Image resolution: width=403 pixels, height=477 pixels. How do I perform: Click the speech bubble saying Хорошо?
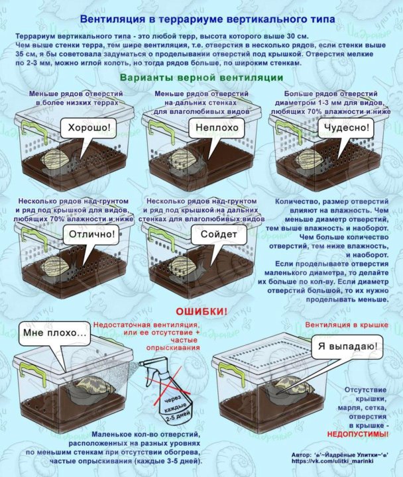click(89, 128)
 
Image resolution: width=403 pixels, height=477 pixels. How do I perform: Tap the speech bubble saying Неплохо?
click(217, 128)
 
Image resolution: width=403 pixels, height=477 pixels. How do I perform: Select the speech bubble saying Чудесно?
click(346, 128)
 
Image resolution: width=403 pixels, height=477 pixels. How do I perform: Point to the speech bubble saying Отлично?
click(92, 235)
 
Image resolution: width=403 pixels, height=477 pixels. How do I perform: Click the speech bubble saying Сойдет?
click(219, 235)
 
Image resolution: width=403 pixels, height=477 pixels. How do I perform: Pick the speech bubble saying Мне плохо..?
click(55, 333)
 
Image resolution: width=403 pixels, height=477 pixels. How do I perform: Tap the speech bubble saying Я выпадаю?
click(347, 346)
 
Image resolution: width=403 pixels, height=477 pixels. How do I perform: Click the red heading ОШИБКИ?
click(201, 311)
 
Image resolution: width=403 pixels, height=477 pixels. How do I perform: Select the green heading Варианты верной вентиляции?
click(201, 78)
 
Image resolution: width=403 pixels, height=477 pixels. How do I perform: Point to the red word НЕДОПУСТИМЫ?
click(358, 434)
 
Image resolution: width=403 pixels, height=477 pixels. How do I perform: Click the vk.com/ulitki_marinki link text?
click(332, 461)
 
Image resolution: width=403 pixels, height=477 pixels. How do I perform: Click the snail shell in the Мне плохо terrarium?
click(95, 385)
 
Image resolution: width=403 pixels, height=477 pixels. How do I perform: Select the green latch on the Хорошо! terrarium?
click(34, 131)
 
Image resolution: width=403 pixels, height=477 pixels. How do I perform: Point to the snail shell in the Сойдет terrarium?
click(183, 266)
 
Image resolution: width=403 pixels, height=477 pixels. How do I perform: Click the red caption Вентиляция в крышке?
click(347, 325)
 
